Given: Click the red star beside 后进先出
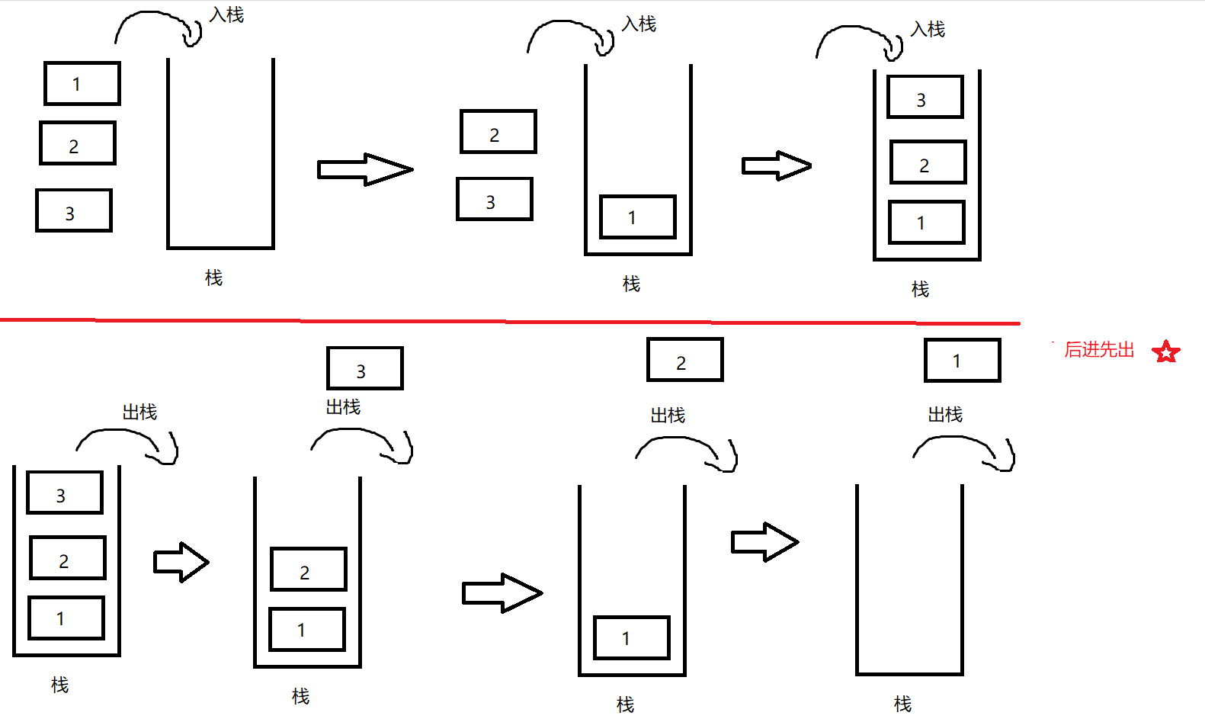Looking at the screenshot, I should pyautogui.click(x=1166, y=352).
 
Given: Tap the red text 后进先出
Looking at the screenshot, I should pyautogui.click(x=1099, y=350).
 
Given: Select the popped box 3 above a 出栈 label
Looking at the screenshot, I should pyautogui.click(x=364, y=368).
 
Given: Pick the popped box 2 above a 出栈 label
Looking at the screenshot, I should pyautogui.click(x=684, y=360).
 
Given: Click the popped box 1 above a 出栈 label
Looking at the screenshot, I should pyautogui.click(x=962, y=361).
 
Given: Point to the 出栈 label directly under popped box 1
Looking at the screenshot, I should pyautogui.click(x=945, y=415).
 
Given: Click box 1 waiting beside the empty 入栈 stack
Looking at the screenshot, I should pyautogui.click(x=82, y=84).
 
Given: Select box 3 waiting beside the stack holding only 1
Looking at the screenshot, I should pyautogui.click(x=494, y=200).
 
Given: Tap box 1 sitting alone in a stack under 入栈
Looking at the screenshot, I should pyautogui.click(x=637, y=217).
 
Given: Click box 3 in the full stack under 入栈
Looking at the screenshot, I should pyautogui.click(x=925, y=97).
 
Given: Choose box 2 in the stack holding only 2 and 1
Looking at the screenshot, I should pyautogui.click(x=308, y=570).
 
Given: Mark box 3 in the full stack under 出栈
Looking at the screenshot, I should pyautogui.click(x=65, y=493).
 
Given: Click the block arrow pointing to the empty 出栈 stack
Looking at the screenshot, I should pyautogui.click(x=764, y=542).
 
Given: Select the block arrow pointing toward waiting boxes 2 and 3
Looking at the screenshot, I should pyautogui.click(x=364, y=169).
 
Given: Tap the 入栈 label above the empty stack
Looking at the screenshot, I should pyautogui.click(x=227, y=14).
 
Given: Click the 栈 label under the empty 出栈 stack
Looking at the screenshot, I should pyautogui.click(x=903, y=704).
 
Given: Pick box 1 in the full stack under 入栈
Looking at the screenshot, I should pyautogui.click(x=926, y=223).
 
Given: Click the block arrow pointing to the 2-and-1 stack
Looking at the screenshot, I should pyautogui.click(x=181, y=563).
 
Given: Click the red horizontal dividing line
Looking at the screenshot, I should pyautogui.click(x=509, y=322).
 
